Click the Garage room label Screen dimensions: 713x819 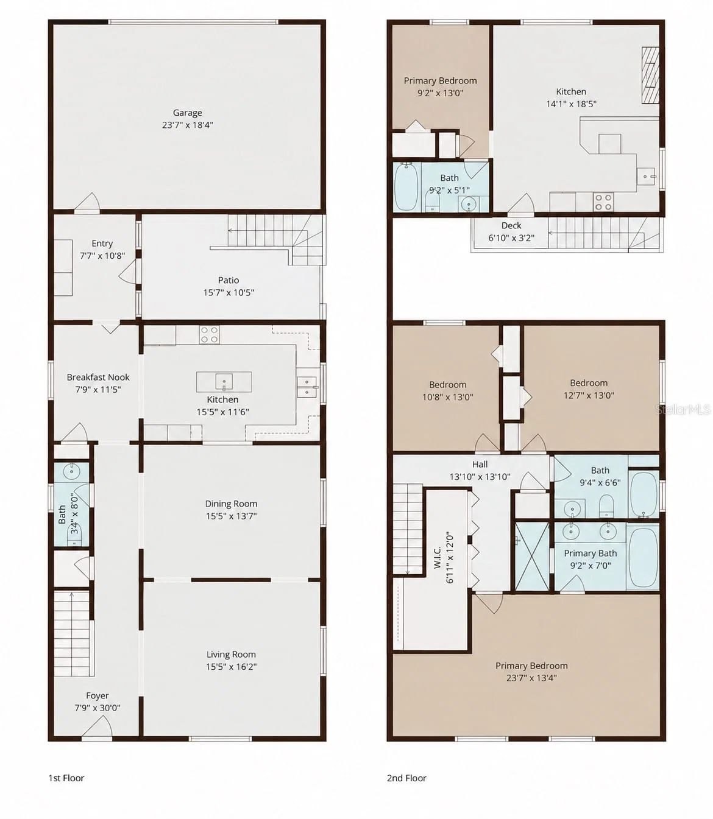click(188, 113)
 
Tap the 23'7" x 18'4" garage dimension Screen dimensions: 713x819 click(188, 125)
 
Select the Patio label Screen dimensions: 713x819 click(229, 280)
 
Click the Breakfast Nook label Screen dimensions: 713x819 click(98, 377)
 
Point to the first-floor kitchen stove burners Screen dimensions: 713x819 click(210, 335)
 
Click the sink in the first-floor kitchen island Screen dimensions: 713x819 click(224, 381)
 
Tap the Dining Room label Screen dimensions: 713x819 click(231, 504)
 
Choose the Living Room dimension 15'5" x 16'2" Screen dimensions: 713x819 click(231, 667)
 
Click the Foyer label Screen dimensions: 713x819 click(98, 696)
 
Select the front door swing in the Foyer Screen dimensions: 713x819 click(98, 725)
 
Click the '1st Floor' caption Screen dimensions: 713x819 click(66, 778)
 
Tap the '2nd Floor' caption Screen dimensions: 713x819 click(406, 778)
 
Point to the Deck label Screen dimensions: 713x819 click(511, 226)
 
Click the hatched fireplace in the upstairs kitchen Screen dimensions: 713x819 click(650, 76)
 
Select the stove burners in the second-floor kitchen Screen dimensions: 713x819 click(603, 202)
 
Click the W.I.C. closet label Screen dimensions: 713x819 click(438, 557)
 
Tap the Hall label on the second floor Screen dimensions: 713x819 click(480, 465)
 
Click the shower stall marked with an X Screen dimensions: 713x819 click(532, 557)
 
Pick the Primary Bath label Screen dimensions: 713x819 click(591, 554)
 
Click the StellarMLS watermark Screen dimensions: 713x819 click(683, 409)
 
